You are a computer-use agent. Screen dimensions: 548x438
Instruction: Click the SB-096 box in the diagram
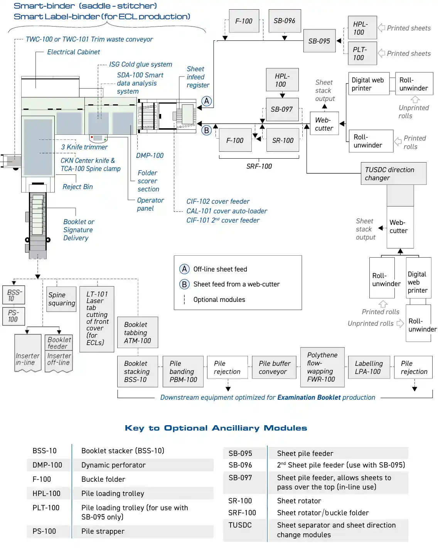[x=285, y=21]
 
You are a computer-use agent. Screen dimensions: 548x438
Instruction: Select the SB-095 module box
[x=319, y=41]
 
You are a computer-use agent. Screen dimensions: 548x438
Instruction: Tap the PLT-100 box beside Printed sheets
[x=362, y=54]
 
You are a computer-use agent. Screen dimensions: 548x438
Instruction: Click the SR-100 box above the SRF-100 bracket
[x=283, y=141]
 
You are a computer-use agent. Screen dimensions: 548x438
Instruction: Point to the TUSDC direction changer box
[x=393, y=174]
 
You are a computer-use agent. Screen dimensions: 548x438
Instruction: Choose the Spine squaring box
[x=61, y=299]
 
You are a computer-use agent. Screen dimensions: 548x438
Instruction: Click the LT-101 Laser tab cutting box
[x=97, y=319]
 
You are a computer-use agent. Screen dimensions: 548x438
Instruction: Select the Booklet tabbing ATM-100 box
[x=138, y=333]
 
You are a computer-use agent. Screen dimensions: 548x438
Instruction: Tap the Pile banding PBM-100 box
[x=183, y=372]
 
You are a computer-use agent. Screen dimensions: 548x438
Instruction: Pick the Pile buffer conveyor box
[x=275, y=368]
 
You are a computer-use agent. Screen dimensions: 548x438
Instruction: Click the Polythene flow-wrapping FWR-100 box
[x=322, y=367]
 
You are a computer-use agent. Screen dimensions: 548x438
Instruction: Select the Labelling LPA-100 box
[x=369, y=368]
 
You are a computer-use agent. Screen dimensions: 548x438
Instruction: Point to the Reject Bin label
[x=77, y=187]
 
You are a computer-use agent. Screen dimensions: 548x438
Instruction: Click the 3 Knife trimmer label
[x=84, y=147]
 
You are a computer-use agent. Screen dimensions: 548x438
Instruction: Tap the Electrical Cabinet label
[x=73, y=52]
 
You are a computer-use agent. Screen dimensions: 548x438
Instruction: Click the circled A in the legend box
[x=184, y=269]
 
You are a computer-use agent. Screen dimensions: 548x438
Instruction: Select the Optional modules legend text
[x=219, y=300]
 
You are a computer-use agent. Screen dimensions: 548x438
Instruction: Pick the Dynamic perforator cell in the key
[x=113, y=465]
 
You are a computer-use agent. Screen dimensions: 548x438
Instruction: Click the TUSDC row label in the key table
[x=240, y=525]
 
